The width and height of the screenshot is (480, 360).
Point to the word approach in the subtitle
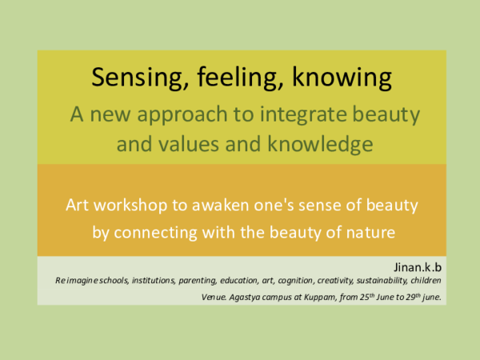coord(178,115)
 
